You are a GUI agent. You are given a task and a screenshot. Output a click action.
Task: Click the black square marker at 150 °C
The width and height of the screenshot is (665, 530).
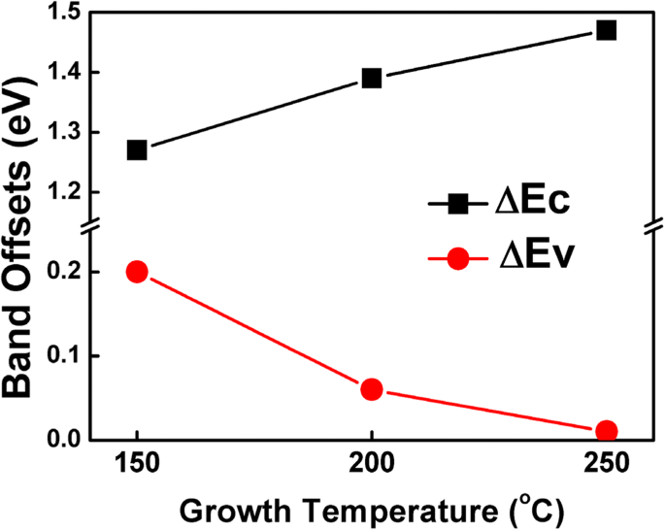137,150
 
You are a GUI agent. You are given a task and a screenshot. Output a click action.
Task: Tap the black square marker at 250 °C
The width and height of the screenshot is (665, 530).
607,30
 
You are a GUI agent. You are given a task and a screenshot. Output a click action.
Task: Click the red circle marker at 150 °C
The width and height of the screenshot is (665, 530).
137,272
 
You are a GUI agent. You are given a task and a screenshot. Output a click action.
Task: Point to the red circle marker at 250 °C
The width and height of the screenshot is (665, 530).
607,431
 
